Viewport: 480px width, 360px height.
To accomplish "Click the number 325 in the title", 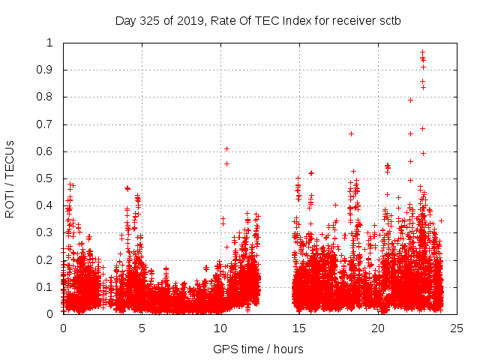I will [x=149, y=20].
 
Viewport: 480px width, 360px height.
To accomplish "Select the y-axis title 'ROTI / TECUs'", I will [x=10, y=178].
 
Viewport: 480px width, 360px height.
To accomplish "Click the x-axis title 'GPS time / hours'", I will [x=259, y=349].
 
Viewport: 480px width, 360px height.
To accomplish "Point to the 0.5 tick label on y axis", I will [x=49, y=178].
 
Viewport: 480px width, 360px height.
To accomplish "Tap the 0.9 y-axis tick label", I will [x=49, y=70].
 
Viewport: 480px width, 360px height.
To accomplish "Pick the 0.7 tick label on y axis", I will [x=49, y=124].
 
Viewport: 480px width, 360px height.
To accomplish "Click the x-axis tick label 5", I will [x=142, y=328].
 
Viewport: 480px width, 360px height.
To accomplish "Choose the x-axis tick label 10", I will [x=220, y=328].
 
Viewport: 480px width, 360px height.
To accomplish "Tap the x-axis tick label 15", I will [x=299, y=328].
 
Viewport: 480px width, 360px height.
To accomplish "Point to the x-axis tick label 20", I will [x=378, y=328].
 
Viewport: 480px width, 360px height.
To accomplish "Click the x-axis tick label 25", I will [x=457, y=328].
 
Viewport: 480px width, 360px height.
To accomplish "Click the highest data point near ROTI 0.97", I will [x=422, y=52].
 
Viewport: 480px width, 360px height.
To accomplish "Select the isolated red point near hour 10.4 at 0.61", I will [x=226, y=148].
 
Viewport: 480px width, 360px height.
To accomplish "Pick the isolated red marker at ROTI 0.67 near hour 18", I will [x=351, y=133].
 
